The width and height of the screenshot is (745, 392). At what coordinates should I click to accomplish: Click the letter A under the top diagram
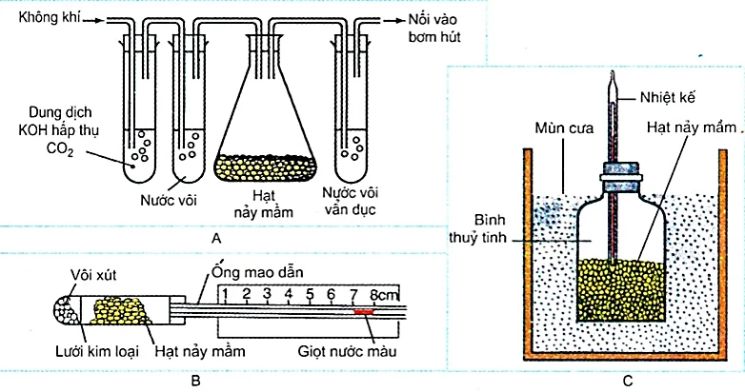pyautogui.click(x=217, y=237)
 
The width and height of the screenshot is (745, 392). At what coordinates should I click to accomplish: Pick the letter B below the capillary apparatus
pyautogui.click(x=195, y=381)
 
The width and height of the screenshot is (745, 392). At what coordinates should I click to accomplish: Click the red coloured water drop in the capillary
pyautogui.click(x=364, y=311)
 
